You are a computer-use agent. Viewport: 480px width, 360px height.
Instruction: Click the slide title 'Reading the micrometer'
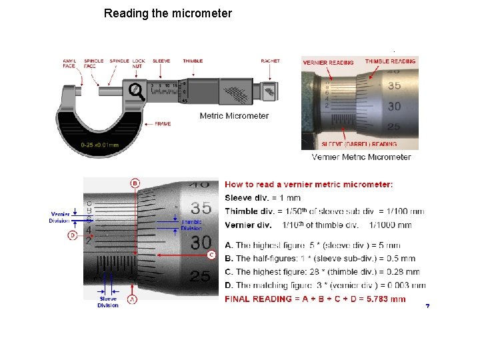168,13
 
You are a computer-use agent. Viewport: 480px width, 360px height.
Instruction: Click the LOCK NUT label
138,63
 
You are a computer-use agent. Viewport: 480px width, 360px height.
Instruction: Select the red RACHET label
270,61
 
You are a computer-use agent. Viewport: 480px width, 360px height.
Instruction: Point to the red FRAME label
163,124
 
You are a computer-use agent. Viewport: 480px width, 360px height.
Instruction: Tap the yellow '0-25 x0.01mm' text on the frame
99,144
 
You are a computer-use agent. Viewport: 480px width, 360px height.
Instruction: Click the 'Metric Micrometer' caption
234,116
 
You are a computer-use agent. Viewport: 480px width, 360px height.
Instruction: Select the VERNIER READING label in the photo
329,63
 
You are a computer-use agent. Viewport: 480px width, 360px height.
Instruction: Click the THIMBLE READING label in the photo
390,61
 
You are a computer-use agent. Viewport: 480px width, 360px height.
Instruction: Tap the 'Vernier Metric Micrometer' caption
361,157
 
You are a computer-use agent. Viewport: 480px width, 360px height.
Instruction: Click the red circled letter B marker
135,183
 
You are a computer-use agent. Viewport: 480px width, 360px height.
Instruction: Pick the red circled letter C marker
211,255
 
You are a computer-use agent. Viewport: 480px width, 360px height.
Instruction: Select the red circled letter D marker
72,235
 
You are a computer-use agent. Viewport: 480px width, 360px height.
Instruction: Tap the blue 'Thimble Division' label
191,225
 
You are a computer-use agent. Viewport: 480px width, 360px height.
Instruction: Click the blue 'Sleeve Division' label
107,303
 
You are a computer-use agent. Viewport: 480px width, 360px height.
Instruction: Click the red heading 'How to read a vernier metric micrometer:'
309,185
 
